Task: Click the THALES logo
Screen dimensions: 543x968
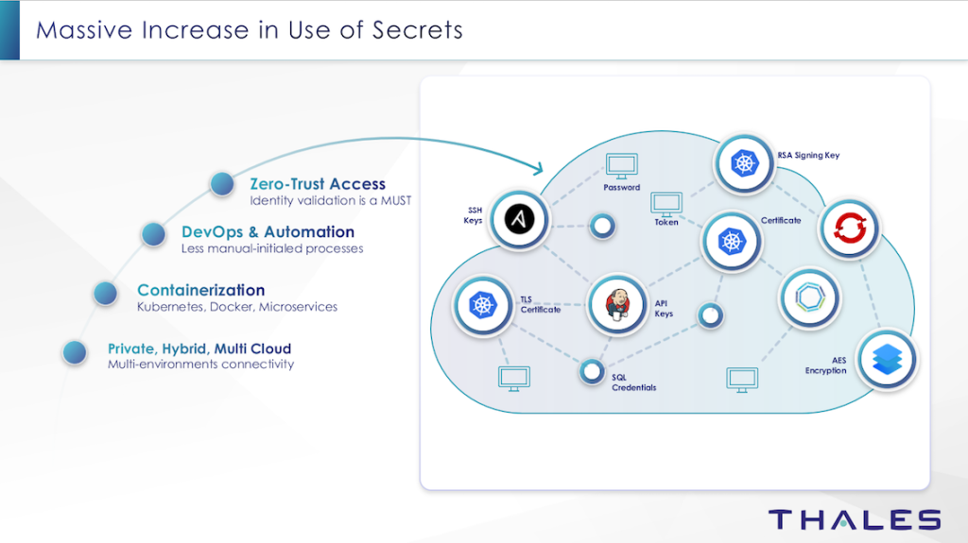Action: (854, 519)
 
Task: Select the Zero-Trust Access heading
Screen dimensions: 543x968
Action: (318, 184)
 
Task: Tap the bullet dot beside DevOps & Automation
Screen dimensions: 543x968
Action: (154, 233)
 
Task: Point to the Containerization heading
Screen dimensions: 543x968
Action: (200, 290)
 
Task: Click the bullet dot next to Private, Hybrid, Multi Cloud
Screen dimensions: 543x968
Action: (75, 352)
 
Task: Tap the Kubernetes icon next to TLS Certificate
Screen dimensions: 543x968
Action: (481, 304)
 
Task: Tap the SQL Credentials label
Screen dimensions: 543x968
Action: (632, 382)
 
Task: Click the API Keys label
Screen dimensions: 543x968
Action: (664, 308)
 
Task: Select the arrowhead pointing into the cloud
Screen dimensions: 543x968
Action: (539, 168)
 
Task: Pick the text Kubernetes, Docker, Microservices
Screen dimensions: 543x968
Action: (237, 307)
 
